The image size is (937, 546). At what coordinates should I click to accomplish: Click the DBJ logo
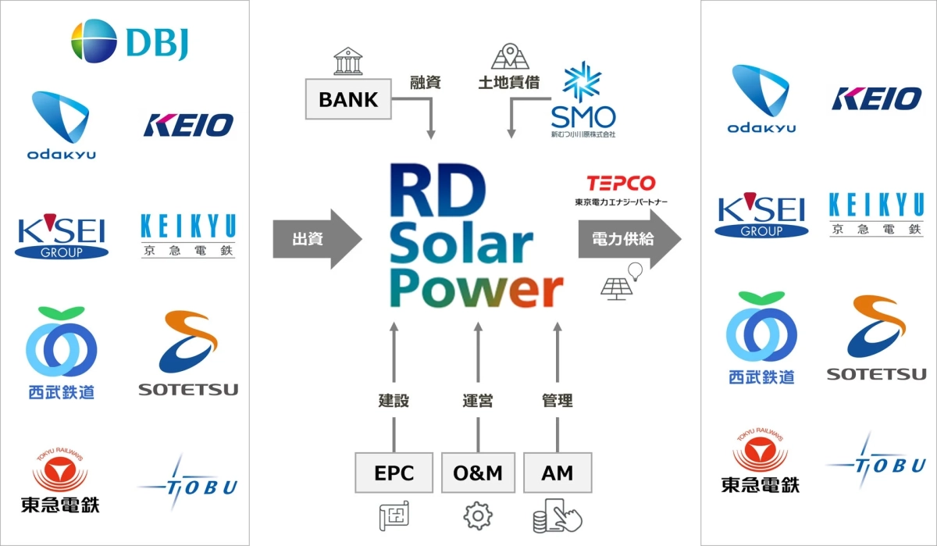point(129,41)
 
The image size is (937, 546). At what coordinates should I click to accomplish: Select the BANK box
point(348,100)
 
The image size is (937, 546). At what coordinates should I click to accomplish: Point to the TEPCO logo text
point(622,183)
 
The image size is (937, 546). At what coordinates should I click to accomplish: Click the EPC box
point(394,473)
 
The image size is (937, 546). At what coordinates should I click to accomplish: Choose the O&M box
point(477,473)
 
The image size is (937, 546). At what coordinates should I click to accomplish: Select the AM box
point(558,473)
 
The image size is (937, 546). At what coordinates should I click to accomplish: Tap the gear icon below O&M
point(477,516)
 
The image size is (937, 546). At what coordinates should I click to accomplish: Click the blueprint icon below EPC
point(394,516)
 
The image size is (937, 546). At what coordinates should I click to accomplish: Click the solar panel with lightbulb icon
point(622,281)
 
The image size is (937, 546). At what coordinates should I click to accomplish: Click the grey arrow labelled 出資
point(317,239)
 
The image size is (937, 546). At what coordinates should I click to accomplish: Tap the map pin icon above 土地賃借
point(505,57)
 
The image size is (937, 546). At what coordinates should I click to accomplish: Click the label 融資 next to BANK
point(426,82)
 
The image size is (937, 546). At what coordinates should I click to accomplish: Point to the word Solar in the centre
point(461,246)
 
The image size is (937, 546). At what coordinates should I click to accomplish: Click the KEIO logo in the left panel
point(188,125)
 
